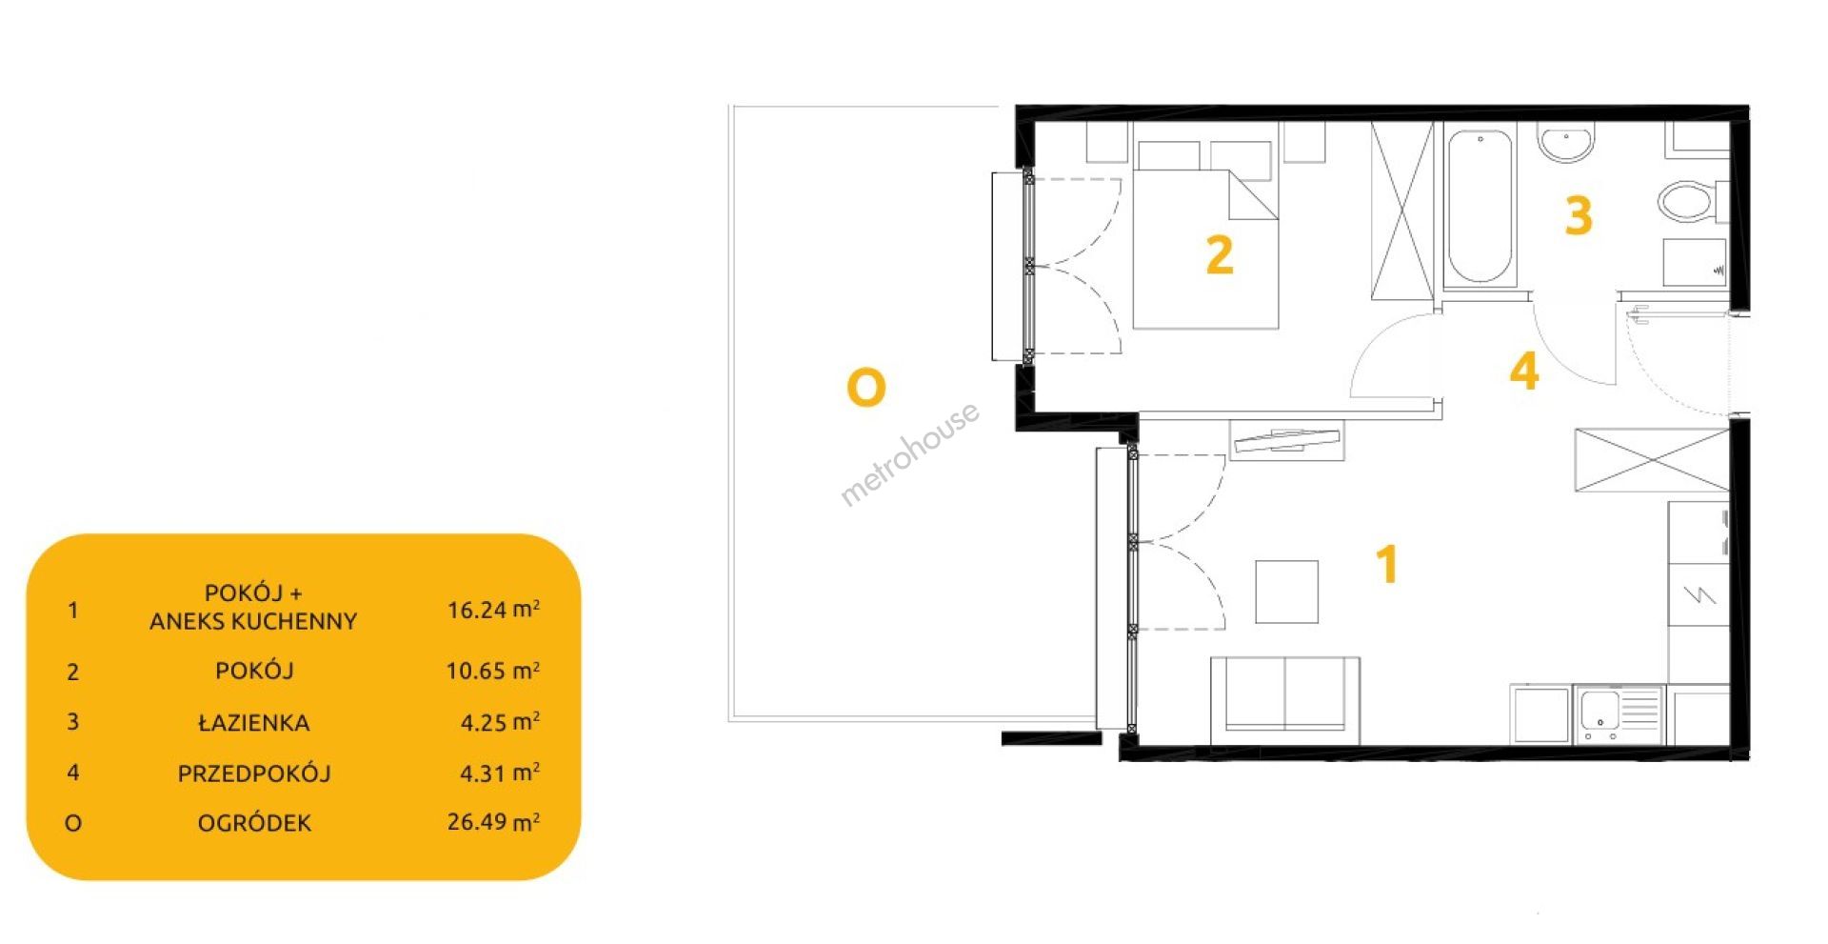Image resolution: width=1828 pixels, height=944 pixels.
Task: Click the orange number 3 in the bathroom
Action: coord(1579,216)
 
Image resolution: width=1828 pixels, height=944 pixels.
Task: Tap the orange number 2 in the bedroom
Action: coord(1220,255)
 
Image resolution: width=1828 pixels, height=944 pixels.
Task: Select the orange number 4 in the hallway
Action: coord(1524,372)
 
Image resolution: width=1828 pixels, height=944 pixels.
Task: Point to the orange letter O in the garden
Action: coord(866,388)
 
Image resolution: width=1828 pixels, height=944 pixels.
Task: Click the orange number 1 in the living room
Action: coord(1388,564)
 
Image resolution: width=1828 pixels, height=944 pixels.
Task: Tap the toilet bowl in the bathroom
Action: coord(1691,202)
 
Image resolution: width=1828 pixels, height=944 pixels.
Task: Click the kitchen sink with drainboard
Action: coord(1619,715)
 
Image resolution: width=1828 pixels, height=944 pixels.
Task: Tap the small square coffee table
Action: coord(1286,592)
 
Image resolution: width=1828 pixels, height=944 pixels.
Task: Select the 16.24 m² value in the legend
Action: coord(494,609)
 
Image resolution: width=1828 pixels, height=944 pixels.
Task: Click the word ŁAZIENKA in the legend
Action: coord(254,722)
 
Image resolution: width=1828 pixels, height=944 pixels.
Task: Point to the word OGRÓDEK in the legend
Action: coord(254,823)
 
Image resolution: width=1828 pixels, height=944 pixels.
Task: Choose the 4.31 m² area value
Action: coord(500,773)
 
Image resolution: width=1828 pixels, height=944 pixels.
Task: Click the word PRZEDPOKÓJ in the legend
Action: coord(254,773)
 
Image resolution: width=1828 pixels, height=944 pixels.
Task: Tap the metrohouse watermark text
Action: coord(909,453)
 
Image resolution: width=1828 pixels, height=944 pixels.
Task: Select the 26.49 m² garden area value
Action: coord(494,821)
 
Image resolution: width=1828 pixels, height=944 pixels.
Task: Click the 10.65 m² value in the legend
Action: coord(493,671)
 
